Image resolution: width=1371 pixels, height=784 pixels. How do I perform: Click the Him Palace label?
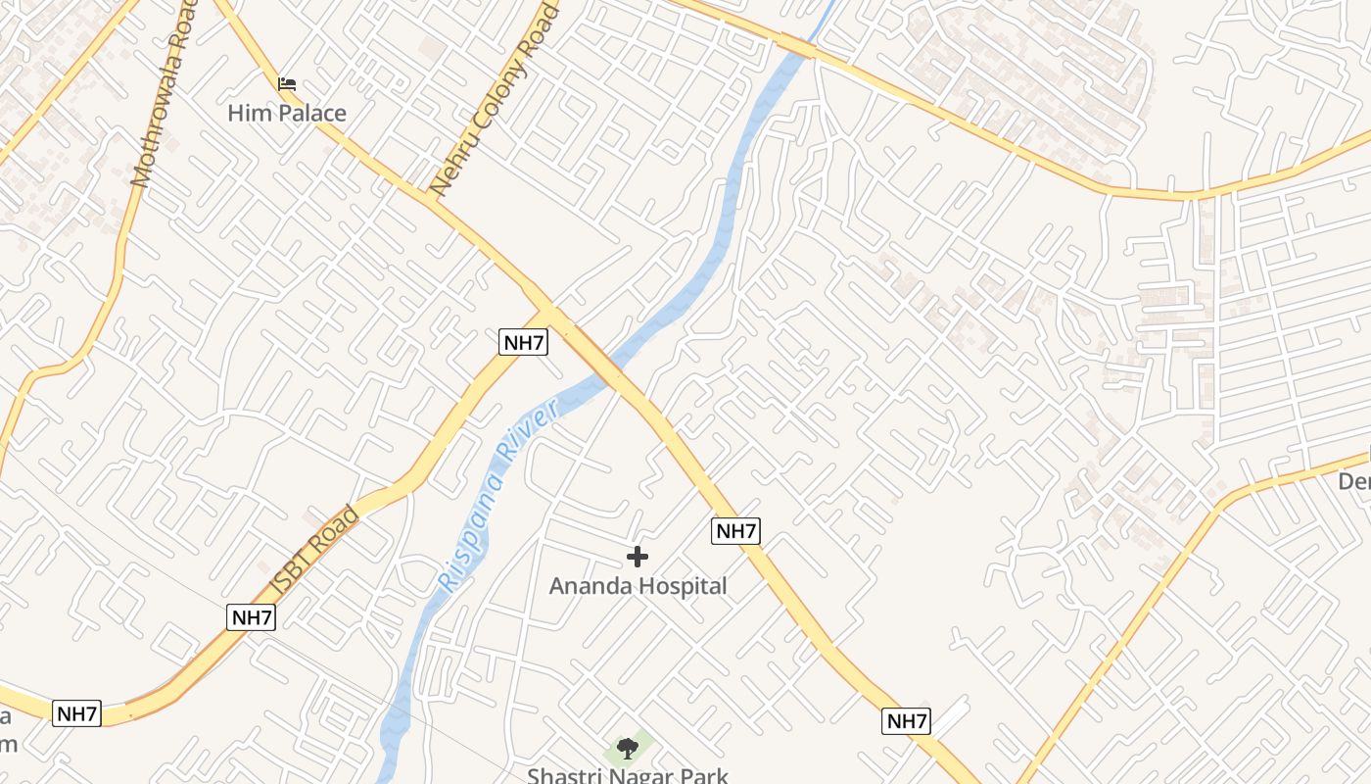point(287,114)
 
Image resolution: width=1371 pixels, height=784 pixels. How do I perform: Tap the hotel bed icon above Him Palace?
point(287,84)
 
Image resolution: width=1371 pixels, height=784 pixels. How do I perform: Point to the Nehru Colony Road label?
point(496,98)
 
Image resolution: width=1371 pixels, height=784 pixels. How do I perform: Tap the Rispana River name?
point(499,494)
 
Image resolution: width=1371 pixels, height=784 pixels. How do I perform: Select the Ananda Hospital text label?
point(638,587)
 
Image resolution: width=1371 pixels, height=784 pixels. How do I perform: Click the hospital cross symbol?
point(638,558)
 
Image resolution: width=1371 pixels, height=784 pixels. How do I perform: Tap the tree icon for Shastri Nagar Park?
point(628,750)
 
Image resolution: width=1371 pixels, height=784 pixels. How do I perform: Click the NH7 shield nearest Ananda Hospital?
point(735,531)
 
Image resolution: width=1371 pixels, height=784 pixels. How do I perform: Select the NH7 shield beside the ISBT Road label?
point(252,617)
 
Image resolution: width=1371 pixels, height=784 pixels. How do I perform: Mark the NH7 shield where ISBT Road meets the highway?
point(524,342)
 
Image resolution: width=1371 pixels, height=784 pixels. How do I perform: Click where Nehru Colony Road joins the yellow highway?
point(431,196)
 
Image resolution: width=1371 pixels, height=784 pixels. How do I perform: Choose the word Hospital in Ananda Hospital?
point(682,587)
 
